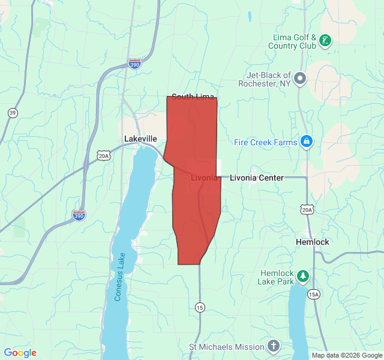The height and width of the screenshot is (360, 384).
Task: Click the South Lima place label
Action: pos(193,97)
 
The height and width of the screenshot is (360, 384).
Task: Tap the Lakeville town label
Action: pos(140,139)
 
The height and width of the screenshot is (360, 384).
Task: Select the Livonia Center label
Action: pos(257,178)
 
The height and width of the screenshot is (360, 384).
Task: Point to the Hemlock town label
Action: pos(313,242)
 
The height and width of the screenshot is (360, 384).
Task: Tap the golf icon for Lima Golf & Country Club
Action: pos(325,41)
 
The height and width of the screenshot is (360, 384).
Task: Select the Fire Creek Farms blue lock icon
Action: pos(307,142)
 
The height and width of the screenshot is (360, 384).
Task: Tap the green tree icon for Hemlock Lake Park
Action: pos(304,276)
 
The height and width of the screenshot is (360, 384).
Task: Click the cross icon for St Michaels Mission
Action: pos(274,346)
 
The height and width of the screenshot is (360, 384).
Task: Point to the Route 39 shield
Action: pos(13,113)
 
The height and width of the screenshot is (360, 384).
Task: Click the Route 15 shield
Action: pos(199,307)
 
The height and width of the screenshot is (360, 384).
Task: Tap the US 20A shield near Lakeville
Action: pos(104,156)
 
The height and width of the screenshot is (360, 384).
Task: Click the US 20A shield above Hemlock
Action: pos(307,209)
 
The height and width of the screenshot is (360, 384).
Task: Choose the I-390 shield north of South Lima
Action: pos(134,63)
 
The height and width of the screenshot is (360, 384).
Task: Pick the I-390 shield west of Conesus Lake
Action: pos(79,214)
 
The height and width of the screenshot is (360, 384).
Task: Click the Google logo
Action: pos(20,353)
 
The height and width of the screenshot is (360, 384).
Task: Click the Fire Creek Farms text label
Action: pos(265,143)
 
